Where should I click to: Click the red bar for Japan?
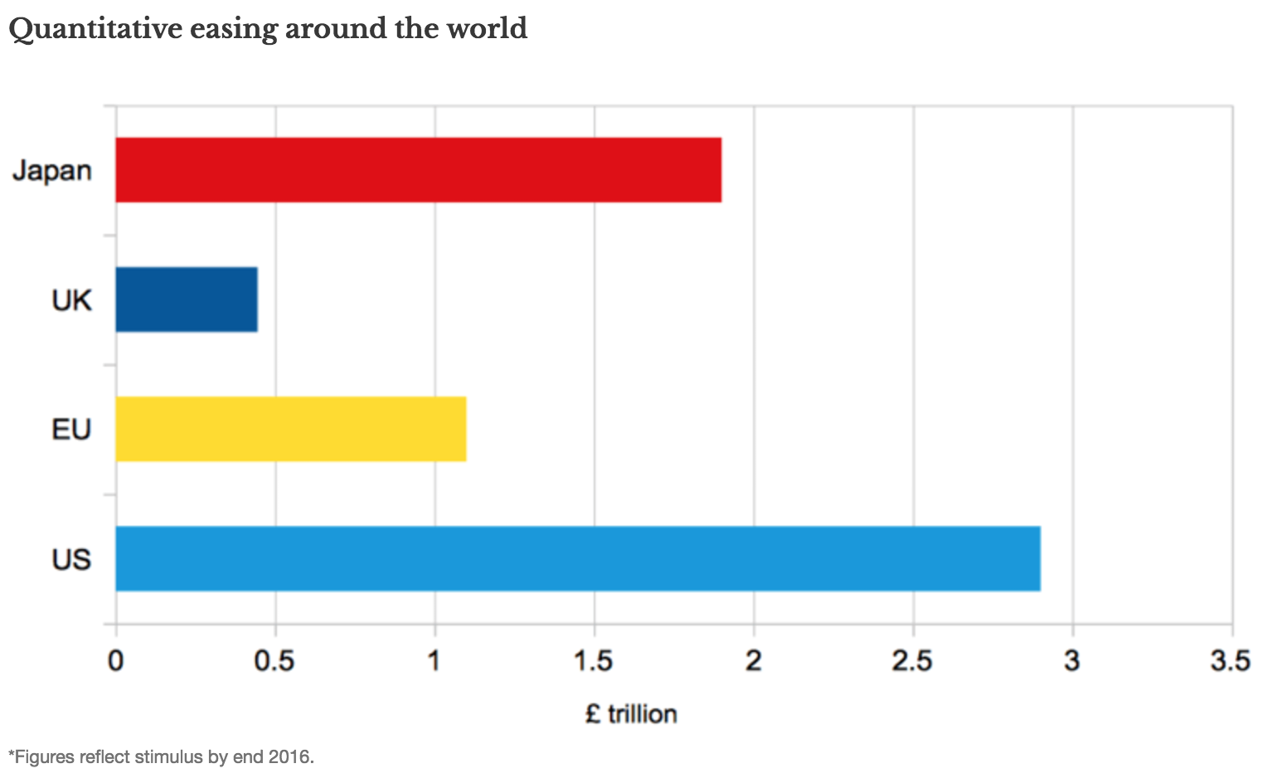pyautogui.click(x=418, y=170)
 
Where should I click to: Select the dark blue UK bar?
pyautogui.click(x=187, y=299)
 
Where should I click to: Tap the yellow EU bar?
pyautogui.click(x=290, y=429)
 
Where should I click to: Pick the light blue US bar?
pyautogui.click(x=578, y=558)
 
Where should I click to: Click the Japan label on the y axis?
pyautogui.click(x=52, y=171)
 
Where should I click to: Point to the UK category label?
pyautogui.click(x=71, y=300)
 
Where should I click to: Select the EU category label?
pyautogui.click(x=71, y=430)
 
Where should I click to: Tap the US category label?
pyautogui.click(x=71, y=559)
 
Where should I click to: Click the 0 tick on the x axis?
pyautogui.click(x=116, y=661)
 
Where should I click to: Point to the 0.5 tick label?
pyautogui.click(x=274, y=661)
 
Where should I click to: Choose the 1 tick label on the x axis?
pyautogui.click(x=434, y=661)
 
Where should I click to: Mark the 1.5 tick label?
pyautogui.click(x=593, y=661)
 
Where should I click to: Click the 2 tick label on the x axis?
pyautogui.click(x=753, y=661)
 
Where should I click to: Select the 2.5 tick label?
pyautogui.click(x=912, y=661)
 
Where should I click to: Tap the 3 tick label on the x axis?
pyautogui.click(x=1072, y=661)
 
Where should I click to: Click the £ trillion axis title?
pyautogui.click(x=631, y=714)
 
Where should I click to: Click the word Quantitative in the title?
pyautogui.click(x=95, y=29)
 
